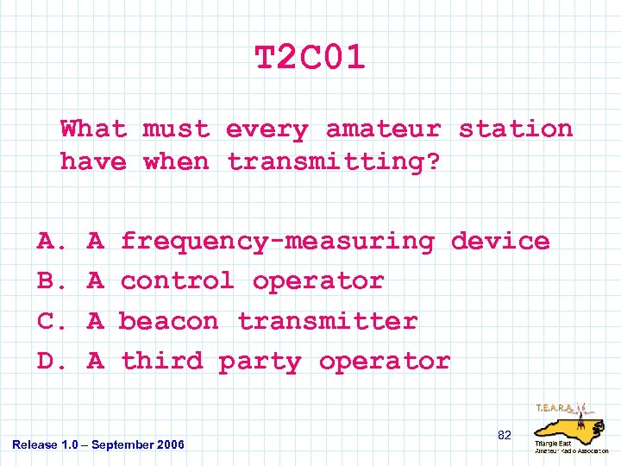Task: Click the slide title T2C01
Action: pos(310,59)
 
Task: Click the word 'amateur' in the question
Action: pos(383,129)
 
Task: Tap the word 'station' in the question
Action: pos(515,129)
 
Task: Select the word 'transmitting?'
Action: pos(333,162)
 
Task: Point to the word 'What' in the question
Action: pos(93,129)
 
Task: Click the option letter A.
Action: pos(47,242)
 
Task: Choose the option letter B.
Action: pos(47,281)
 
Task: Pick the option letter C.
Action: pos(47,321)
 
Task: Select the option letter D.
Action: pos(47,361)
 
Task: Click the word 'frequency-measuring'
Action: pos(277,242)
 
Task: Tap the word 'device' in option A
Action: pos(500,242)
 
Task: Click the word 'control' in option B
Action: pos(178,281)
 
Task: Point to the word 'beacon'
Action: pos(169,321)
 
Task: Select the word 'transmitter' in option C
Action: pos(328,321)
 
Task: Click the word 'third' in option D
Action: pos(161,361)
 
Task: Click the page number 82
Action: pos(505,436)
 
